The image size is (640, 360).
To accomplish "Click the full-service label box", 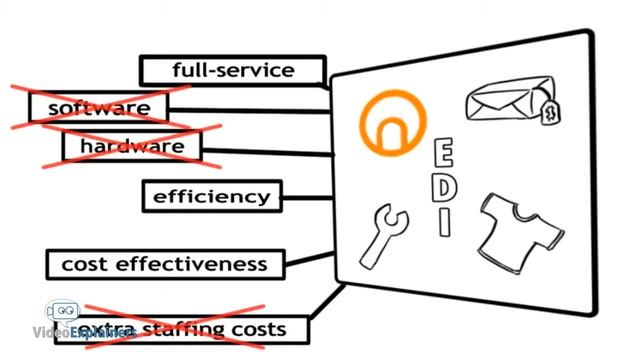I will click(x=232, y=70).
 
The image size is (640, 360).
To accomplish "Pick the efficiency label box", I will click(x=211, y=196).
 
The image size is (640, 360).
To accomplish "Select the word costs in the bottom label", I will click(x=260, y=329).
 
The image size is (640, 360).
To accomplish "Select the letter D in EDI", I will click(x=445, y=188).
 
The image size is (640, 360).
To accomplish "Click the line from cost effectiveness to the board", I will click(x=310, y=263).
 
